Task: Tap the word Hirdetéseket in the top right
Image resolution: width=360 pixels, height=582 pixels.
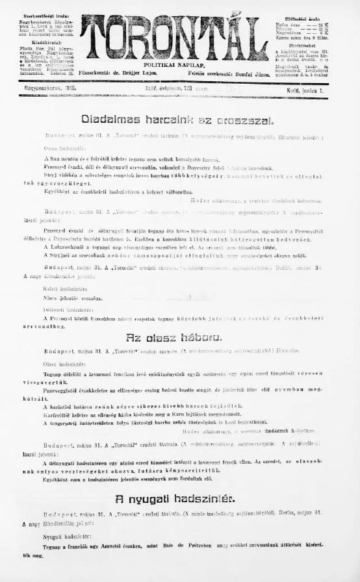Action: pyautogui.click(x=306, y=45)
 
